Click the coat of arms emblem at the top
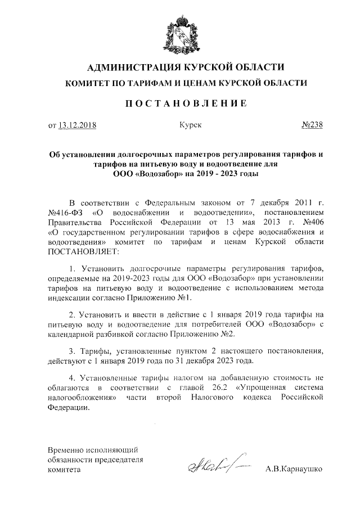tap(179, 33)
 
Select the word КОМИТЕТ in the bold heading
tap(90, 83)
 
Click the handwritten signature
tap(211, 465)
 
